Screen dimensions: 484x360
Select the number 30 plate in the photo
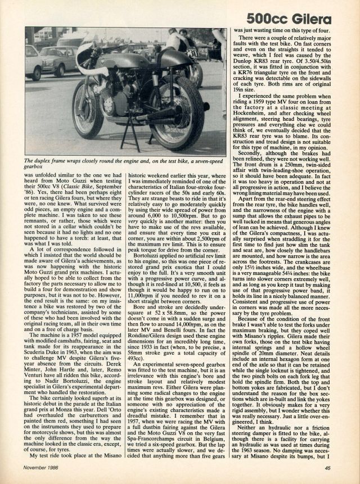click(192, 54)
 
